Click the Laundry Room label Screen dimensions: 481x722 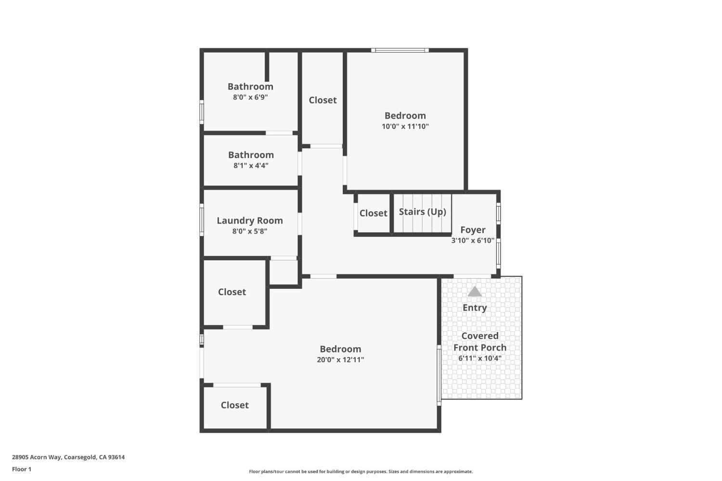pos(249,221)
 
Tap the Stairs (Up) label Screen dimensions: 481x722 pos(422,212)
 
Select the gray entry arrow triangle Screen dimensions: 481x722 pos(475,292)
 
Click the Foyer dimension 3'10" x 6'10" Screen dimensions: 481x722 pos(473,240)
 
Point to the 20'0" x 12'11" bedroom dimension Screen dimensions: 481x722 pos(340,360)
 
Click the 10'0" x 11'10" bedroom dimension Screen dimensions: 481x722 pos(405,126)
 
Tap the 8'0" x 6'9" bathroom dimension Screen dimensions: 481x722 pos(250,97)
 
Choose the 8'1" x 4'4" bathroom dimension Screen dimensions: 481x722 pos(251,165)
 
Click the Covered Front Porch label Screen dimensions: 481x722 pos(480,341)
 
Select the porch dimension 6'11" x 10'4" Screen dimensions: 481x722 pos(480,358)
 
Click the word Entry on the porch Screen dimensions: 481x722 pos(475,308)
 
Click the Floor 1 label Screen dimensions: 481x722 pos(22,469)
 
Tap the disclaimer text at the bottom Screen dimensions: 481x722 pos(361,471)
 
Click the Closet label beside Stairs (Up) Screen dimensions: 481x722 pos(373,213)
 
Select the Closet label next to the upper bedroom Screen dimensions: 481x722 pos(322,100)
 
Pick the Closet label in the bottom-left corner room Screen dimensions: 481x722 pos(234,405)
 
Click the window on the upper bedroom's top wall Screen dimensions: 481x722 pos(400,50)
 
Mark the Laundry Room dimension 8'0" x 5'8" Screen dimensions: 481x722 pos(249,231)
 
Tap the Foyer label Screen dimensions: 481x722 pos(473,230)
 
